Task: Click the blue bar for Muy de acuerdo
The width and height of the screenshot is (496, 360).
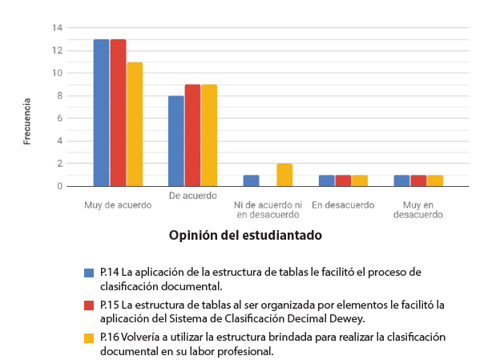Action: (101, 112)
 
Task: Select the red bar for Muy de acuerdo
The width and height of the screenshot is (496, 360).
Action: (118, 112)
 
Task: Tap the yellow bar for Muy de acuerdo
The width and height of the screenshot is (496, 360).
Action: (135, 123)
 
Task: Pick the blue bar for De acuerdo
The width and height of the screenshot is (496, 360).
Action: (176, 141)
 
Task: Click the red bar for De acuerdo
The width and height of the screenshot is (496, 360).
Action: (192, 136)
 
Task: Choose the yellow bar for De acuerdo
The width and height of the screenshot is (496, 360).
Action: (209, 136)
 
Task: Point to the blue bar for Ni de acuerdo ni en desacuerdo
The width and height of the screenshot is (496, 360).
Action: (251, 180)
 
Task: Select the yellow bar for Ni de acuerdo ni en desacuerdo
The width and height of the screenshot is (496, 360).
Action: (284, 175)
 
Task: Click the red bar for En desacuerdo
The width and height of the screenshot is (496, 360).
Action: (343, 180)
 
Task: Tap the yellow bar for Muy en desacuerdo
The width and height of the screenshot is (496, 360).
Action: (435, 180)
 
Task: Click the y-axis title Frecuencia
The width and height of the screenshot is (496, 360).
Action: (27, 121)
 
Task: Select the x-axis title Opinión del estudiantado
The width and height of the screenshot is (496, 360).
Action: (245, 236)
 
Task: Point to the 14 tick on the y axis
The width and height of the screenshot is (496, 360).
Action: (57, 28)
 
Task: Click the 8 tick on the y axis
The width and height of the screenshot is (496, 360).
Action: (59, 96)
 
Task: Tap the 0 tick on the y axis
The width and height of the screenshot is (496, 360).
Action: (59, 186)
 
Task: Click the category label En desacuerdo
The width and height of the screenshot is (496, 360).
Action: (343, 204)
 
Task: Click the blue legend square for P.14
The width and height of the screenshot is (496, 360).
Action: (90, 273)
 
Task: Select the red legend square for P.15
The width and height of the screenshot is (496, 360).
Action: (90, 305)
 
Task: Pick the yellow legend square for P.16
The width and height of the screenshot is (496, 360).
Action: (90, 338)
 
